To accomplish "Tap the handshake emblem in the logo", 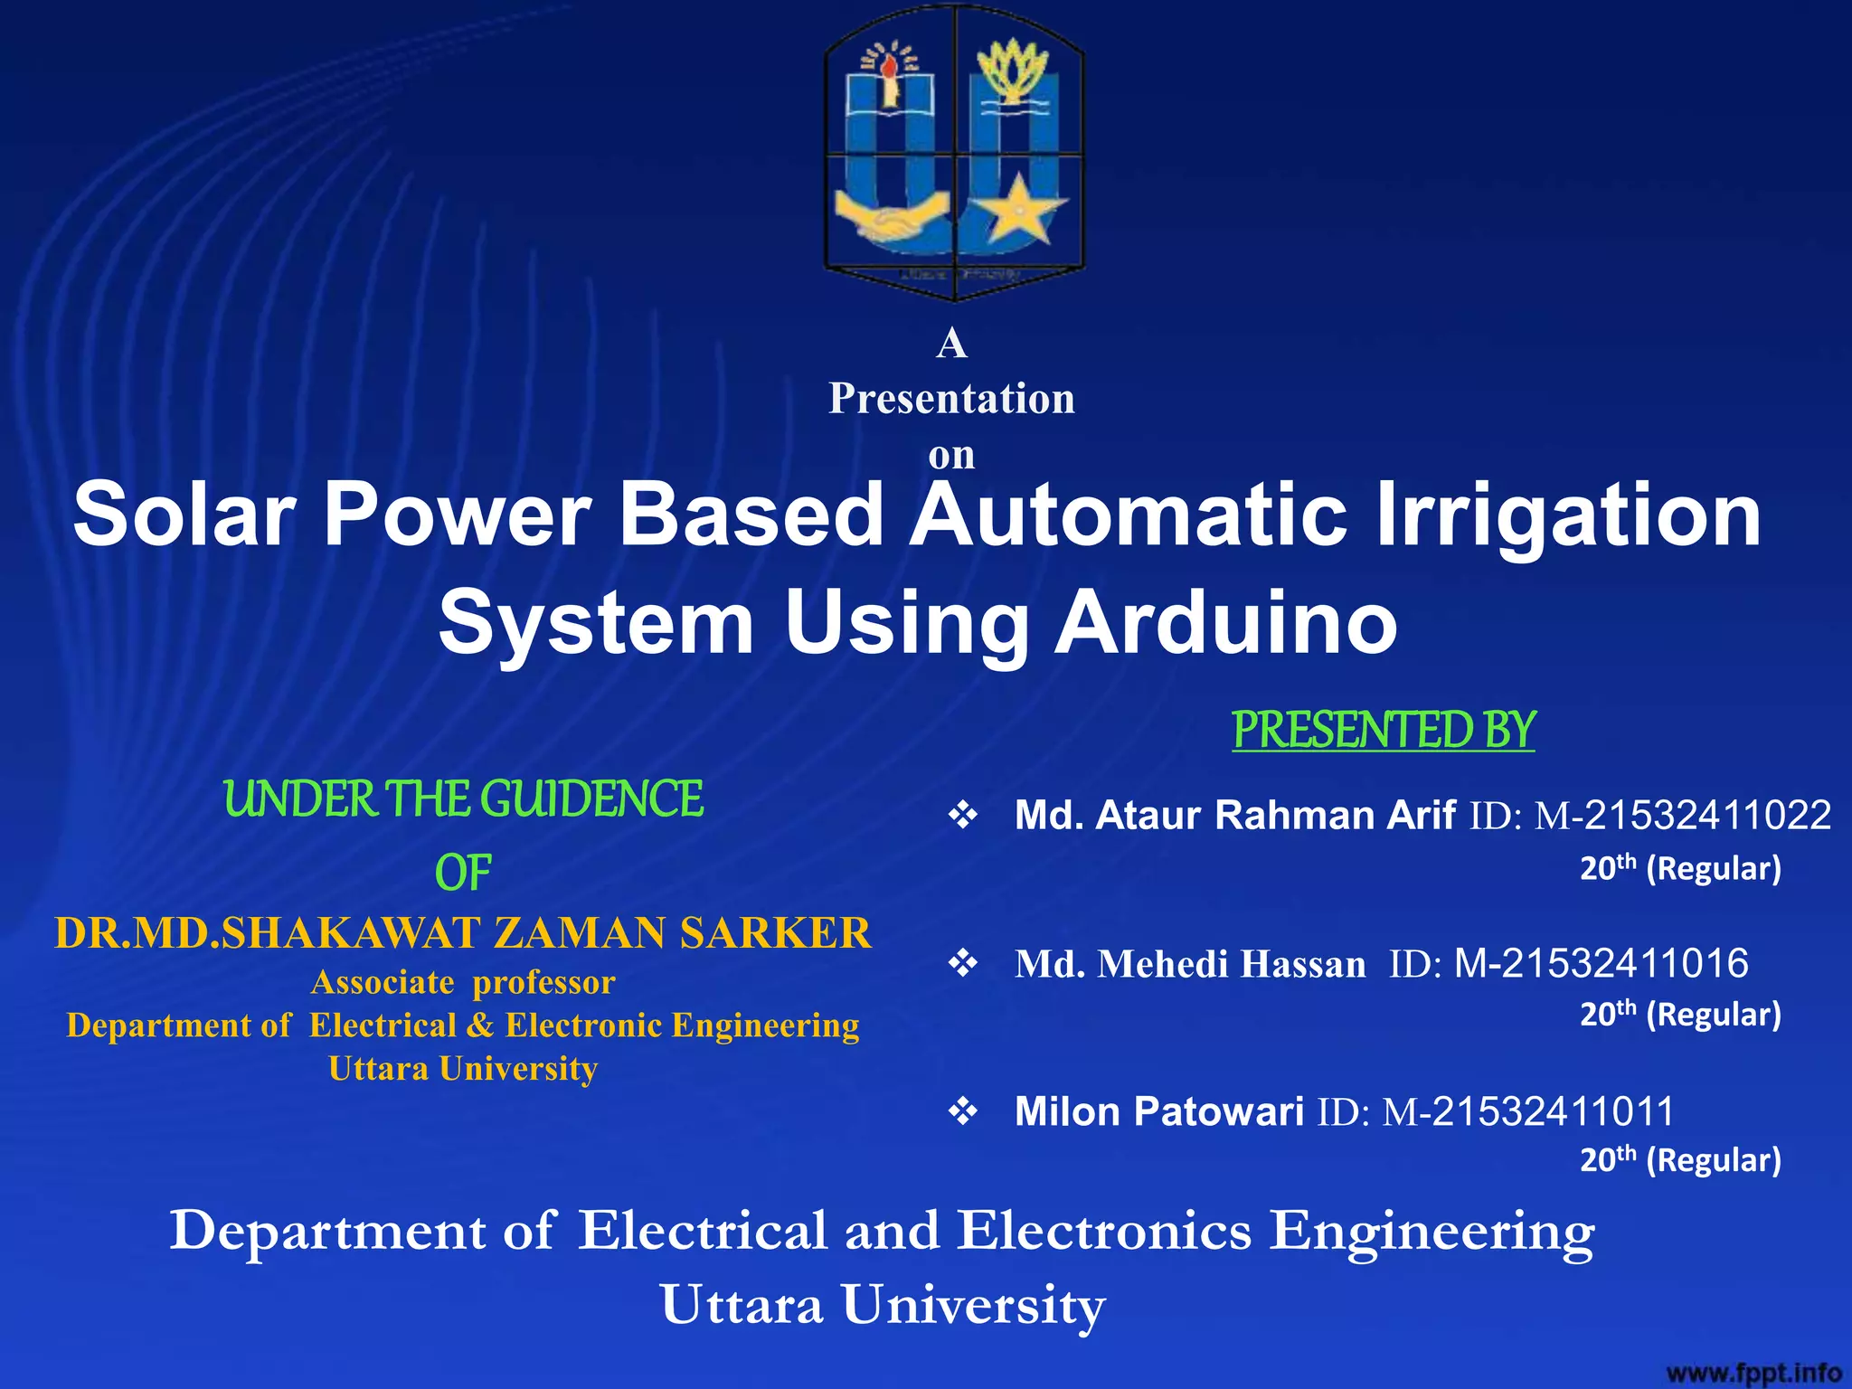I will coord(891,220).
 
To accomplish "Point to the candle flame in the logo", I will coord(890,66).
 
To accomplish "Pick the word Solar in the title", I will coord(184,515).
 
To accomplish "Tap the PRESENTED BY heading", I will coord(1383,731).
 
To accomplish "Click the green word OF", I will coord(463,874).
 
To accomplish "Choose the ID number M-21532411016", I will coord(1601,964).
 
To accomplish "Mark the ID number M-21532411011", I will coord(1528,1111).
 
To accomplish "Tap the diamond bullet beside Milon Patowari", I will coord(963,1111).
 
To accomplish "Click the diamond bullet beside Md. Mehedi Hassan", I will coord(963,964).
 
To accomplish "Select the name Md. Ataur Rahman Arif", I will coord(1234,816).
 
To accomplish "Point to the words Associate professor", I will coord(463,982).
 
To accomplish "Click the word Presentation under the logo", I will coord(951,399).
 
